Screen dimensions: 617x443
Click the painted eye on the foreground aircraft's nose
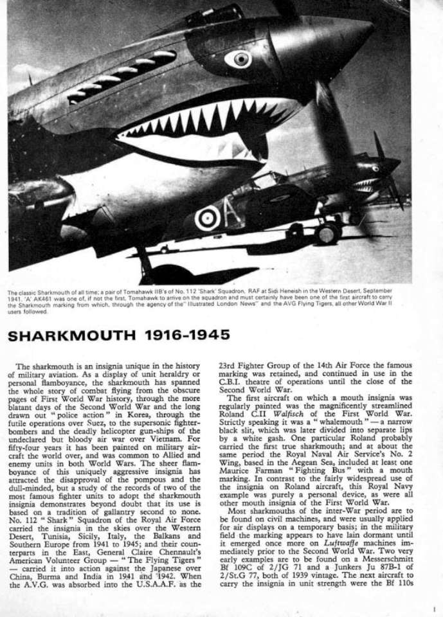pos(239,59)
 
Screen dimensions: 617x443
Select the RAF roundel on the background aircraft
pos(207,219)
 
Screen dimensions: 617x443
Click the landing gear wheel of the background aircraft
pos(328,233)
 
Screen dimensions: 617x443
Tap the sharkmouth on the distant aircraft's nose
pos(367,186)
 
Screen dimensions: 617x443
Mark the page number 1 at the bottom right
pos(434,608)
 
